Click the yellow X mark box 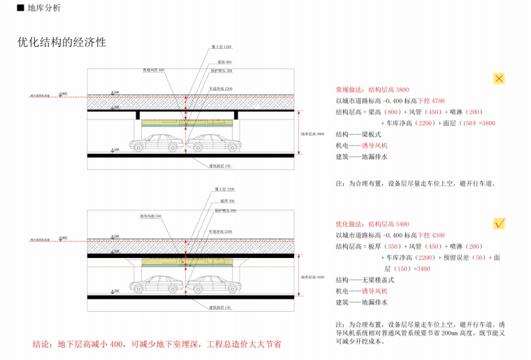499,78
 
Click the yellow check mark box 499,224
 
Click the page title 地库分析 43,8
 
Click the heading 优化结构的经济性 61,42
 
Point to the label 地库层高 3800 312,134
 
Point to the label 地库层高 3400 312,278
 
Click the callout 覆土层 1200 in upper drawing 221,46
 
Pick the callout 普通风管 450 154,70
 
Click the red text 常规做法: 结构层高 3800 372,90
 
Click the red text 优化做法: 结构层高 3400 372,224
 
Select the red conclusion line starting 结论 157,345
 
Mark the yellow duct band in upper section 186,122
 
